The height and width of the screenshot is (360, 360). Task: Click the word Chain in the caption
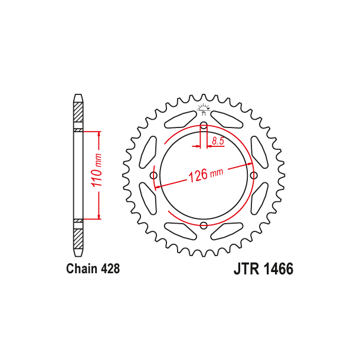(81, 269)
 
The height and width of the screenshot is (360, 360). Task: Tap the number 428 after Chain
(110, 269)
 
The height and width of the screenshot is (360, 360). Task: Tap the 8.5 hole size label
(217, 140)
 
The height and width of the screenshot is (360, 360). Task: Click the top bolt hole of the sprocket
(204, 126)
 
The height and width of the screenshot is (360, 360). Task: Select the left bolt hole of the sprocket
(154, 176)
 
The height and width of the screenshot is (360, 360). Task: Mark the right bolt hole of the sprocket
(254, 175)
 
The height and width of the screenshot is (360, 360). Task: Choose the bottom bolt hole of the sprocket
(204, 225)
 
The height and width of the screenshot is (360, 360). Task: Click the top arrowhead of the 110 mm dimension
(98, 132)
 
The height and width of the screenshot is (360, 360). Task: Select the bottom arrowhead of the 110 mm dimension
(98, 218)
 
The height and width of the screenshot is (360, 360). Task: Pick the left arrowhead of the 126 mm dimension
(158, 186)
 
